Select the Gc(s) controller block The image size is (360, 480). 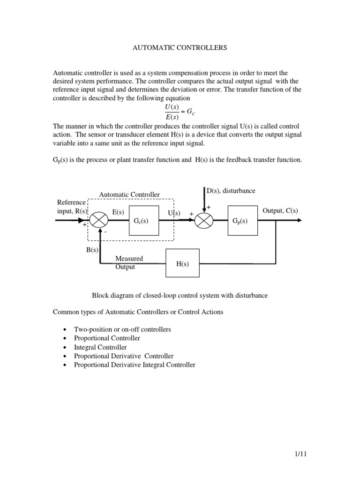[x=141, y=220]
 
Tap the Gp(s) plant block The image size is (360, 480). [x=242, y=220]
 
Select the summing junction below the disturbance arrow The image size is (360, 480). [x=204, y=220]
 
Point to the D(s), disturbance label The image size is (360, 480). [x=231, y=191]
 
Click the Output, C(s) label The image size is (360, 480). [x=280, y=210]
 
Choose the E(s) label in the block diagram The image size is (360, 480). [x=118, y=212]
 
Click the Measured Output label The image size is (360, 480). [x=129, y=262]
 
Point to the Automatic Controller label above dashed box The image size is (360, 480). [x=129, y=195]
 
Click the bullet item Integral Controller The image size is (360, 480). [x=100, y=347]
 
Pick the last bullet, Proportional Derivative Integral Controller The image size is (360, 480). [x=135, y=365]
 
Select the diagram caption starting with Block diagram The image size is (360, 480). [x=180, y=295]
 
